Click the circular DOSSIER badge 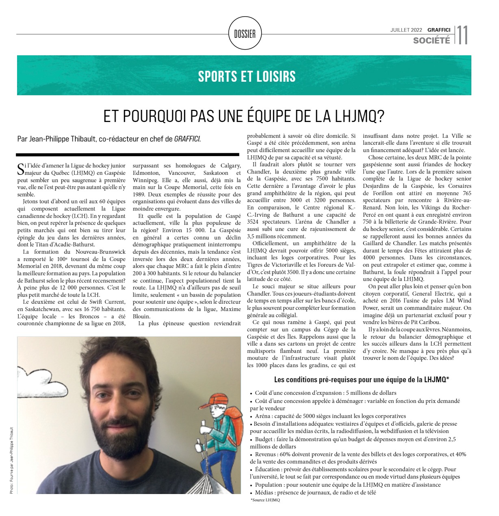click(245, 33)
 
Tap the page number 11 click(462, 35)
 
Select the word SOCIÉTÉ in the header click(432, 40)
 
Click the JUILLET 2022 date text click(406, 30)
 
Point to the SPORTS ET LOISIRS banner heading click(247, 76)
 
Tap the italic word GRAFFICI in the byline click(187, 139)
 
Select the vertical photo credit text click(11, 460)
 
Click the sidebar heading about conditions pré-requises click(361, 380)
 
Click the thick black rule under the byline click(127, 155)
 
